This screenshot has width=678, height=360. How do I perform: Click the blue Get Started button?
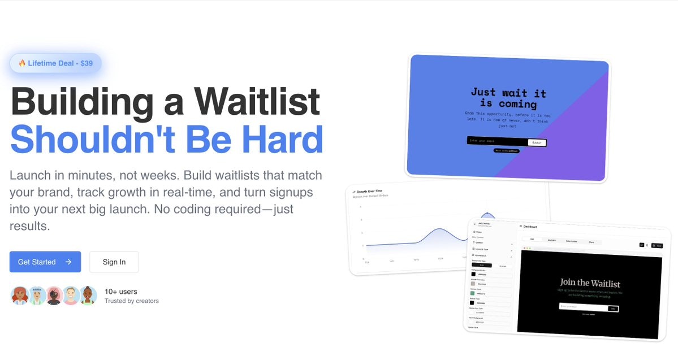45,262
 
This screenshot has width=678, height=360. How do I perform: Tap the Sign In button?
114,262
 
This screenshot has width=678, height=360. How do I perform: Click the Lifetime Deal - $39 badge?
55,63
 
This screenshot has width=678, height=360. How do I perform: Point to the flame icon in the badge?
22,63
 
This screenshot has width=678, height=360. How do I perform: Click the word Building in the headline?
82,102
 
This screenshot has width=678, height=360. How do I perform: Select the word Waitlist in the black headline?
257,102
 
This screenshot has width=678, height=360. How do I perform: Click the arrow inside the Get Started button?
68,262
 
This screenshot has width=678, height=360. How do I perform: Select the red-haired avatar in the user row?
20,296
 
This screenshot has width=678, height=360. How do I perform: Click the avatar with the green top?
88,296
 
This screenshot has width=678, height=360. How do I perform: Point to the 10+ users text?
120,292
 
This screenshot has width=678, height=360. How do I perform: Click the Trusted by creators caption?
131,301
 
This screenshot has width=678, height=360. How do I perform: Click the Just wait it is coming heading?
508,98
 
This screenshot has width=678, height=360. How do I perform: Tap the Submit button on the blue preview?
537,142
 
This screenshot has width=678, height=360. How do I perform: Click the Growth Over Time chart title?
369,192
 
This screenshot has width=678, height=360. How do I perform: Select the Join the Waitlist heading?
590,283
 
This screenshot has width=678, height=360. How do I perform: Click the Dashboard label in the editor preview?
530,227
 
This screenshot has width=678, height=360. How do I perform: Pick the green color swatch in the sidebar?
473,293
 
